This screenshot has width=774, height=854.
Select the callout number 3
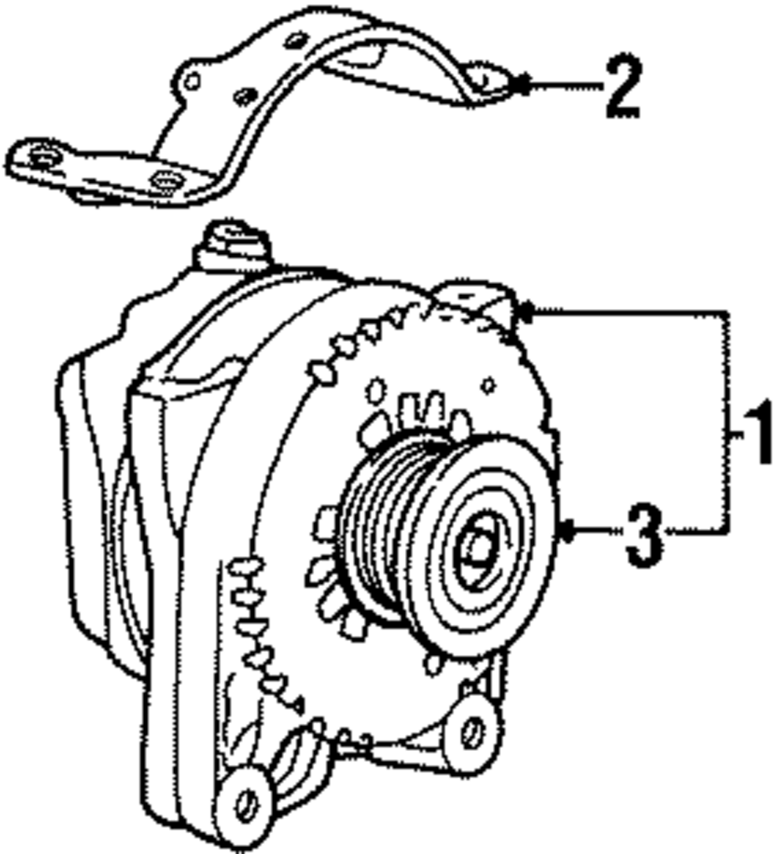pyautogui.click(x=644, y=534)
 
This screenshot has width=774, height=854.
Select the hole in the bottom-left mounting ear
pyautogui.click(x=246, y=805)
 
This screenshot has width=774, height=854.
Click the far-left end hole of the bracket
pyautogui.click(x=40, y=159)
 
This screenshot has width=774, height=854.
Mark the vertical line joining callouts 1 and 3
pyautogui.click(x=728, y=422)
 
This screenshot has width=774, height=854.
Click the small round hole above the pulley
pyautogui.click(x=488, y=383)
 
